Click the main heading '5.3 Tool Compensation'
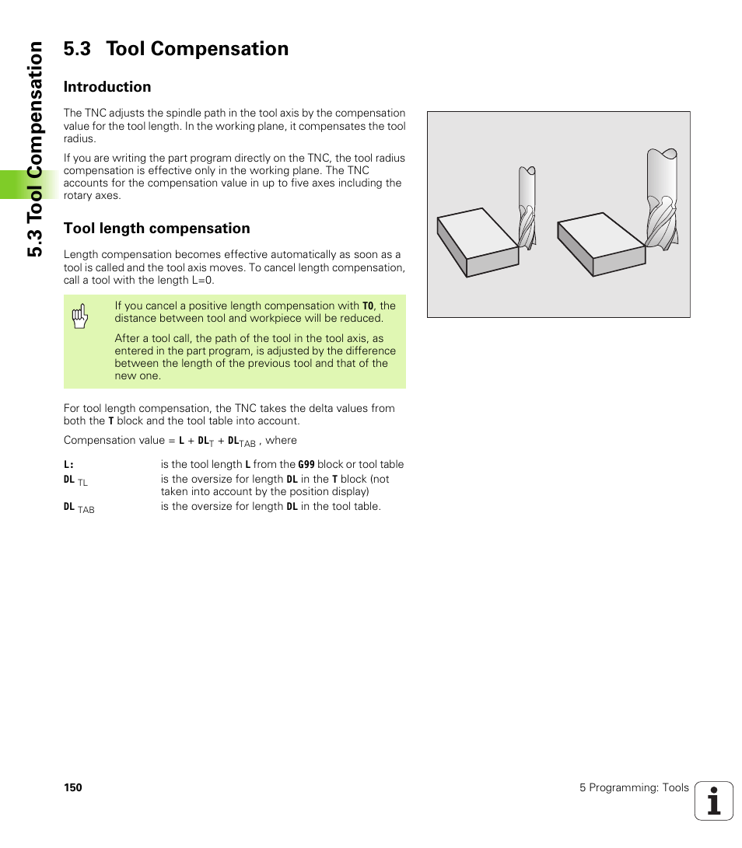[x=176, y=49]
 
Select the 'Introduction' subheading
[x=107, y=87]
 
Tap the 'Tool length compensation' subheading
[x=156, y=229]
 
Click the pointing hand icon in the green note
[x=80, y=316]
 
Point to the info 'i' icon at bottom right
[x=714, y=801]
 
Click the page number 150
[x=72, y=788]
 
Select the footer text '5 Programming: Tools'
[x=633, y=788]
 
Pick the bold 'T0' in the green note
[x=368, y=306]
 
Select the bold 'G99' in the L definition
[x=306, y=465]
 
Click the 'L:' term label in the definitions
[x=68, y=465]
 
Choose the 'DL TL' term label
[x=75, y=481]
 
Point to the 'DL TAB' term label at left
[x=78, y=508]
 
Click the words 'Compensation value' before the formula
[x=114, y=441]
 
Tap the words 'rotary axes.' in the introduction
[x=92, y=196]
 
